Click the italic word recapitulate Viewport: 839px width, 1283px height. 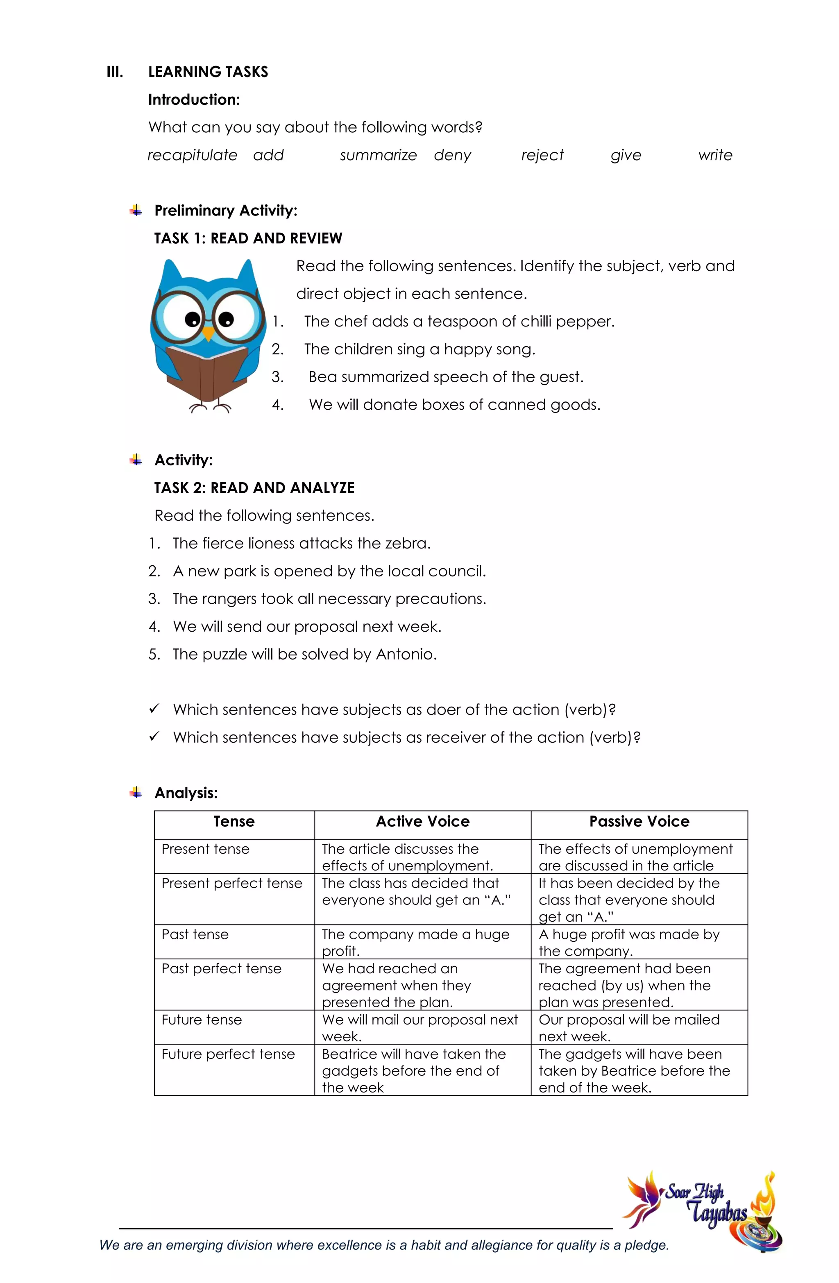point(192,155)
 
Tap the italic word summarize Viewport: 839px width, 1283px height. point(378,155)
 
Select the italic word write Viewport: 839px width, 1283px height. point(715,155)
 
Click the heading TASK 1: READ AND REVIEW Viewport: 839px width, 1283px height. point(248,238)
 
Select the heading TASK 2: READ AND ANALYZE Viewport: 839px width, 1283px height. point(254,488)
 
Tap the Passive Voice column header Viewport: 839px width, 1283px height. point(639,822)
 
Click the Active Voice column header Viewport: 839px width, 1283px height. point(423,822)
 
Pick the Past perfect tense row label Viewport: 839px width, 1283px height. point(222,969)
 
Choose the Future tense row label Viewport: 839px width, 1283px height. point(202,1020)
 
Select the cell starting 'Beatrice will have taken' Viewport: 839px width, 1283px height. point(414,1071)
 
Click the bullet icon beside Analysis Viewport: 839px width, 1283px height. point(136,792)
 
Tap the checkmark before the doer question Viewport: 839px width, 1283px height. point(154,708)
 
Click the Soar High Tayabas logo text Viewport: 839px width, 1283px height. point(706,1203)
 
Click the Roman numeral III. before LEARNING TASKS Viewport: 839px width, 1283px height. point(115,72)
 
